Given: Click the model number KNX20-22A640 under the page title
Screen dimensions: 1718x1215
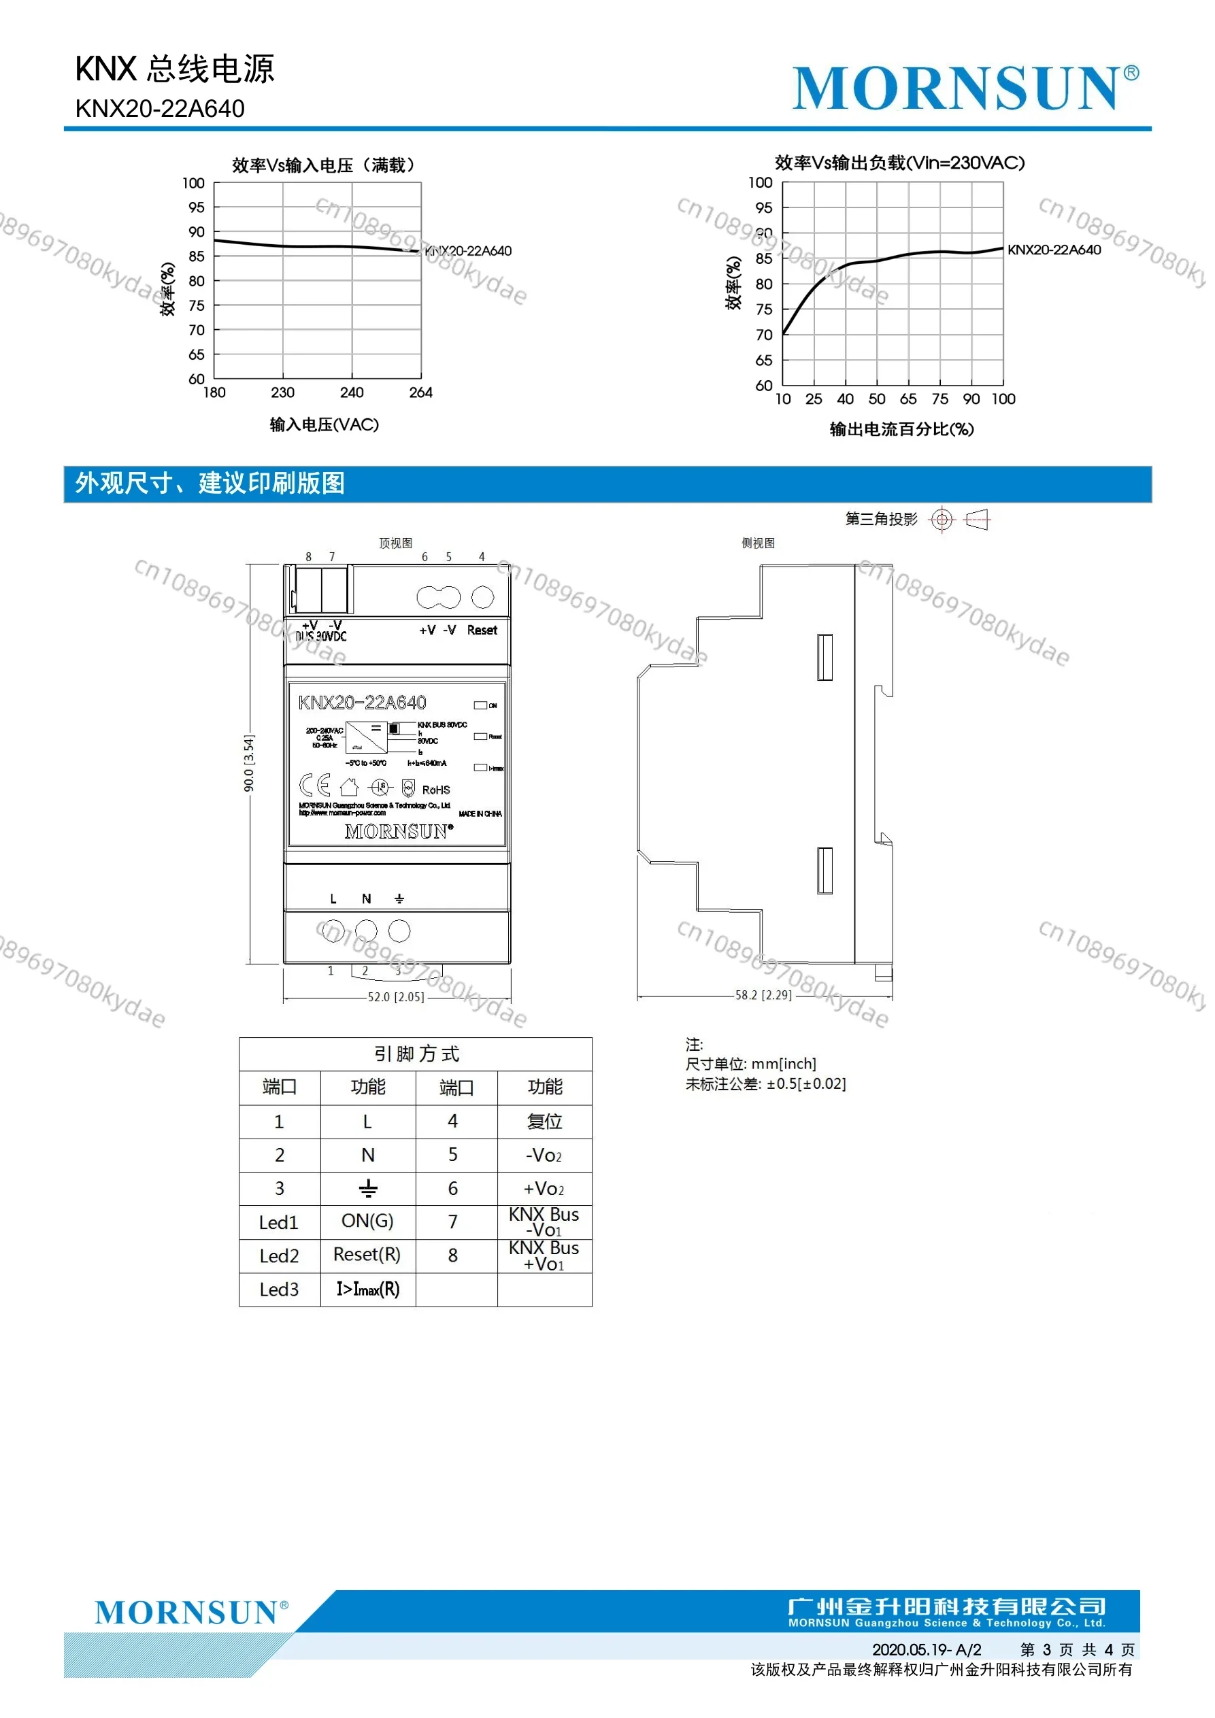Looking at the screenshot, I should (159, 110).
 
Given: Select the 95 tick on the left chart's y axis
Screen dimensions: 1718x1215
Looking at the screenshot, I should (196, 207).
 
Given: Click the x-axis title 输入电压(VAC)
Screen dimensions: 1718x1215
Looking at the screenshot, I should (324, 425).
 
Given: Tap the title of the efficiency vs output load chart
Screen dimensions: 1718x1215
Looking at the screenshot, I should (899, 163).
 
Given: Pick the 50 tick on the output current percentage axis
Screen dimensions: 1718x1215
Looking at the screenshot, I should (877, 399).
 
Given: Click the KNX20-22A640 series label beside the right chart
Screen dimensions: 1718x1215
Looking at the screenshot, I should (1054, 250).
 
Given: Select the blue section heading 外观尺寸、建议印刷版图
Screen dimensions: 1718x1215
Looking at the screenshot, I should (210, 484).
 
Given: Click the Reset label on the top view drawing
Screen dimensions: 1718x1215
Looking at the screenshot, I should (482, 630).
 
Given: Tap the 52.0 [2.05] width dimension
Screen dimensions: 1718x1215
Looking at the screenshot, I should (396, 998).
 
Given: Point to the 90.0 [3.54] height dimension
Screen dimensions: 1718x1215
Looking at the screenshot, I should (249, 763).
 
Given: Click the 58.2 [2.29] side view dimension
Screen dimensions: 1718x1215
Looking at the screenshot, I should (763, 995).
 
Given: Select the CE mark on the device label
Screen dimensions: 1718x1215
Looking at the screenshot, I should (314, 785).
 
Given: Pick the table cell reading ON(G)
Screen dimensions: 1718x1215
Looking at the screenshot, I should (367, 1221).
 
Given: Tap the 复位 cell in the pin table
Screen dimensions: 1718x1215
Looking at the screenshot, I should (544, 1122).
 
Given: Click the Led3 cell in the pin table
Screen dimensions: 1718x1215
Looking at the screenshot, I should (278, 1290).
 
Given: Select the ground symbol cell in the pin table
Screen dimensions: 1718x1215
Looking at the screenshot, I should (367, 1188).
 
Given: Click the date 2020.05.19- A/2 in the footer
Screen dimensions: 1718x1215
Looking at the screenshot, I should (926, 1650).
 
